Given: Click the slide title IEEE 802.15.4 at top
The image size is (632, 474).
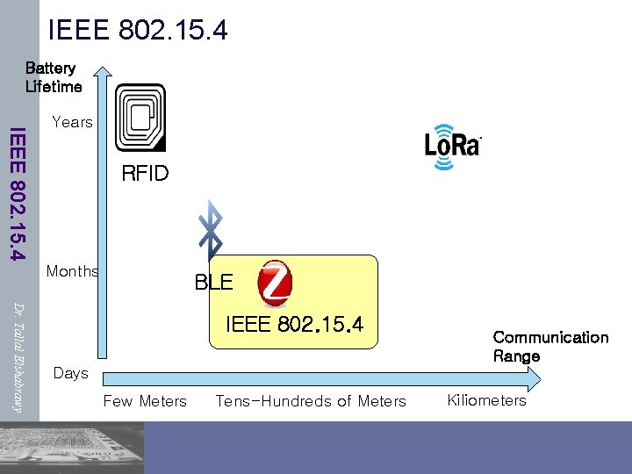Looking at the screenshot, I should click(x=138, y=30).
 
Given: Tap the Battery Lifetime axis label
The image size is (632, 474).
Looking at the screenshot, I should click(x=54, y=77).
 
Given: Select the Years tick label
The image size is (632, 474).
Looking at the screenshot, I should click(x=72, y=122).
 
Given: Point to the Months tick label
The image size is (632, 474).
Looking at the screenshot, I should click(x=72, y=271).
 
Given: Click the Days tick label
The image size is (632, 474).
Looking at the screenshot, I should click(x=70, y=373).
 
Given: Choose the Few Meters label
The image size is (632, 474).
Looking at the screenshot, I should click(x=145, y=401).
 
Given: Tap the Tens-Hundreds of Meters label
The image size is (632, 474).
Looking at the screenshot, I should click(x=311, y=401).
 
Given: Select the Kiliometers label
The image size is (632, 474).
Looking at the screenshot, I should click(x=486, y=400).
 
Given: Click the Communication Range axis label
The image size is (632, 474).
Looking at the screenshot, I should click(x=550, y=347).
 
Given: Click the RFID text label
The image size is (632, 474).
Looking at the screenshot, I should click(x=145, y=174).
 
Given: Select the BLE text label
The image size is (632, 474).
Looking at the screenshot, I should click(x=213, y=283).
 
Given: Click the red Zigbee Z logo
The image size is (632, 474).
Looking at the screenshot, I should click(x=275, y=284).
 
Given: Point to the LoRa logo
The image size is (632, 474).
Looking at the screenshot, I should click(x=452, y=144).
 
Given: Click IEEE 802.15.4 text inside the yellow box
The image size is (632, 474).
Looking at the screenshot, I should click(x=294, y=324).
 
